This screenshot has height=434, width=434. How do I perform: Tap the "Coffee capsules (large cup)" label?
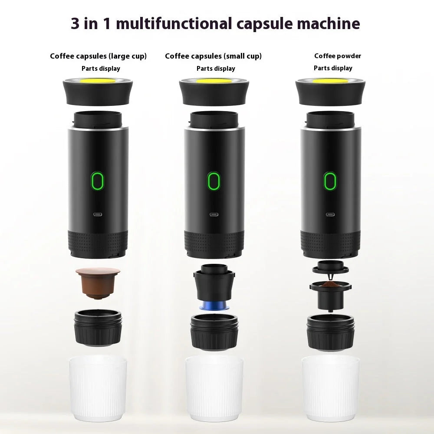coord(98,56)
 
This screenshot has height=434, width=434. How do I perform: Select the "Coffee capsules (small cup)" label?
coord(213,56)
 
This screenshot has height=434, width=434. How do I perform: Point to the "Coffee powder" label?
coord(338,56)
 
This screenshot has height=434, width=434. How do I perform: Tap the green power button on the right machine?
coord(330,181)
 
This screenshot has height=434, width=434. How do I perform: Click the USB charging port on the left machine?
coord(98,214)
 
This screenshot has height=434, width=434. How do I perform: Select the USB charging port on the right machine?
coord(330,214)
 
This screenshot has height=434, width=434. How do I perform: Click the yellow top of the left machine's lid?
coord(98,81)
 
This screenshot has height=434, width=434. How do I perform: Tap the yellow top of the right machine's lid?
coord(330,81)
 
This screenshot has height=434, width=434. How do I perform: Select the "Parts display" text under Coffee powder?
coord(333,68)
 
